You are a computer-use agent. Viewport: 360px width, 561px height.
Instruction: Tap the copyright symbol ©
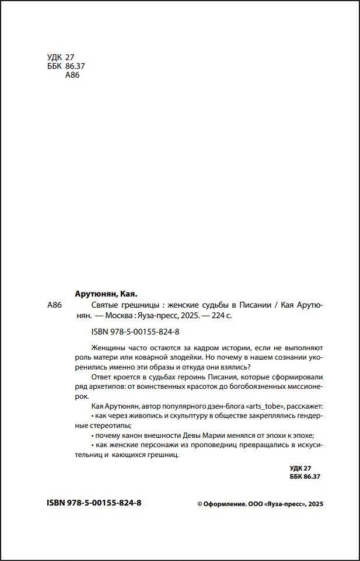tap(200, 504)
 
